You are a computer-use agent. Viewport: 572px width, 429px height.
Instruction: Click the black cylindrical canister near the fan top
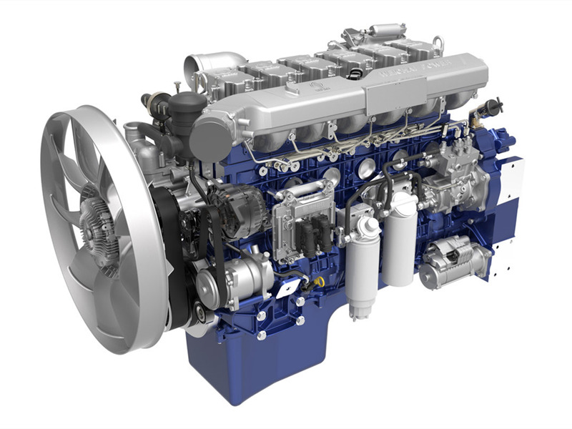tap(187, 107)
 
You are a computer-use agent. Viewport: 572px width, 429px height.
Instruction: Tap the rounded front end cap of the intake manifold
tap(209, 136)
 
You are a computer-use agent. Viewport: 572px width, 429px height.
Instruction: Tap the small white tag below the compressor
tap(288, 287)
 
